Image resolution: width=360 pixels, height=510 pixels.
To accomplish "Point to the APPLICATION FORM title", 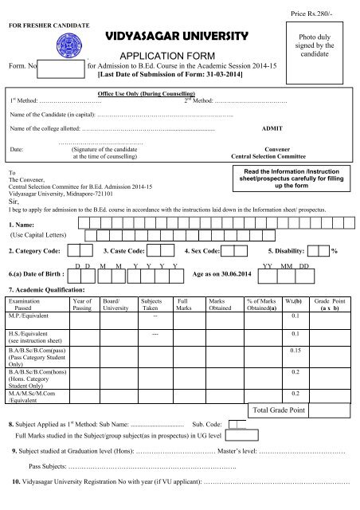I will tap(177, 56).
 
